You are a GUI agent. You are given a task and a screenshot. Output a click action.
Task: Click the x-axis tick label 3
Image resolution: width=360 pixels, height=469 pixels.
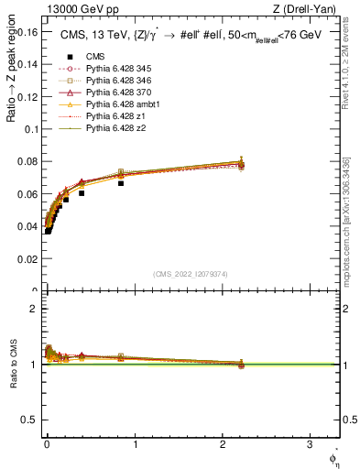[x=310, y=444]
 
